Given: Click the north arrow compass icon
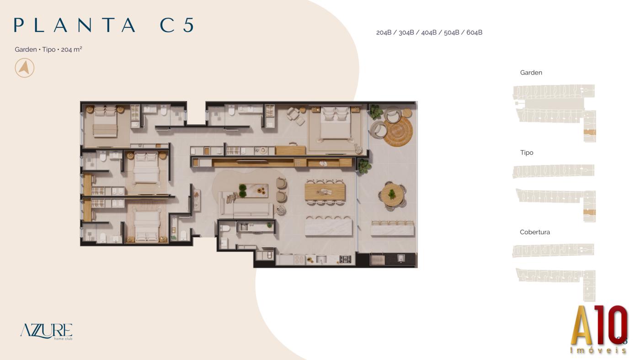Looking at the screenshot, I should [x=25, y=68].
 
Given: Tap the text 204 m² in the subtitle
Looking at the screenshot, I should [x=71, y=49].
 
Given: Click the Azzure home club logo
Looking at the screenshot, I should [x=46, y=332].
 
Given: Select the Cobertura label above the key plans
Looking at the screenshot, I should [x=534, y=232].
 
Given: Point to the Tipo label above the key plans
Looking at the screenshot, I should [x=527, y=153].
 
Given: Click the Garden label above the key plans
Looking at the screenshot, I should [x=531, y=73].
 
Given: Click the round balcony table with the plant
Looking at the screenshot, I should [x=392, y=195].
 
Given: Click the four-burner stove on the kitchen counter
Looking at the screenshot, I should [x=345, y=260].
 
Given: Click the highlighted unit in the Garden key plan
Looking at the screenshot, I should [x=590, y=132].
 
